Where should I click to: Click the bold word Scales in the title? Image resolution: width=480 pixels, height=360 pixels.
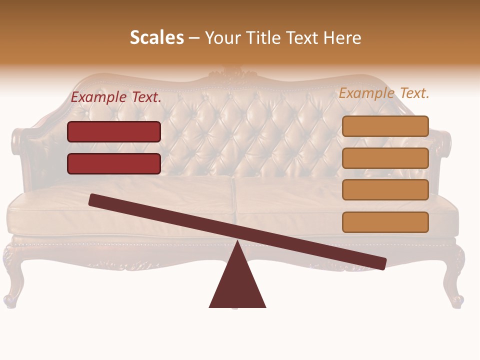(x=156, y=37)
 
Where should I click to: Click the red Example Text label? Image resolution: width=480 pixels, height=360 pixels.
(x=116, y=97)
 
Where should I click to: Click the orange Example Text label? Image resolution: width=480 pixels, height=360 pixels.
(x=384, y=93)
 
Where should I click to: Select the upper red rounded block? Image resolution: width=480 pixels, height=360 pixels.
(x=114, y=131)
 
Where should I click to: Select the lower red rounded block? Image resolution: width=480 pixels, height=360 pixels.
(x=114, y=163)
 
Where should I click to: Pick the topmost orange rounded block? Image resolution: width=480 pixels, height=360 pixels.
(x=385, y=126)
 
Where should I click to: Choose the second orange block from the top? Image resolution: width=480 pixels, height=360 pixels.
(x=385, y=158)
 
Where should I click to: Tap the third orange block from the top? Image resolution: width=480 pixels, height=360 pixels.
(x=385, y=190)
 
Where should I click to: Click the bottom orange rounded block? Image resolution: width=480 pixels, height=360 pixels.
(x=385, y=222)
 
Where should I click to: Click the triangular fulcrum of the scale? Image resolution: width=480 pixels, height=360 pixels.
(x=237, y=285)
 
